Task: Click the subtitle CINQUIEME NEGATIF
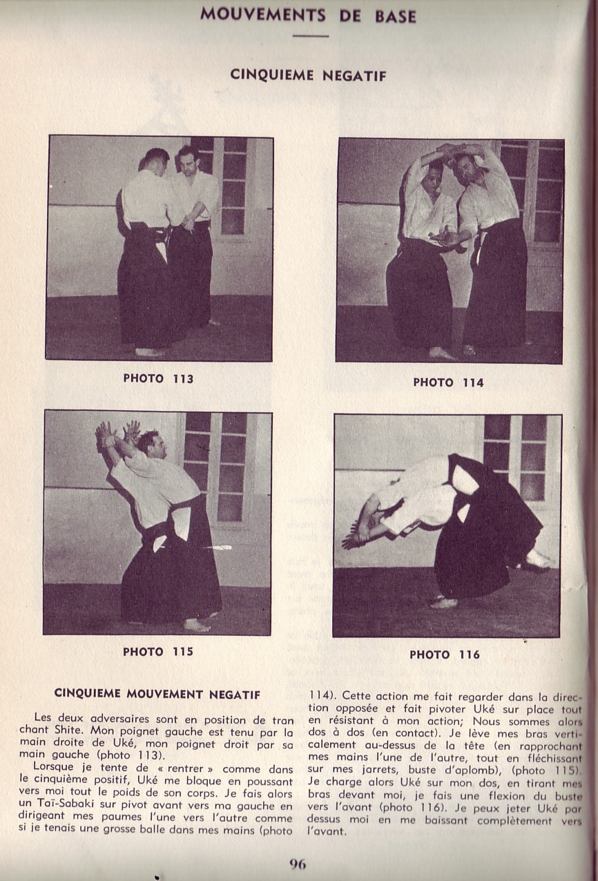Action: point(308,75)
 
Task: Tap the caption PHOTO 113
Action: point(158,378)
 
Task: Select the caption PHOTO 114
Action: point(448,382)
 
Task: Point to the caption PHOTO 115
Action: point(157,651)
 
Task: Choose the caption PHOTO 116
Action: point(444,655)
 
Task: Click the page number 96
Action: point(298,864)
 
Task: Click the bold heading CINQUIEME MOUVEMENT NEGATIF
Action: point(157,694)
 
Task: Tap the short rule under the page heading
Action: point(310,35)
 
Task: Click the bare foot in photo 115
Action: point(195,626)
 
